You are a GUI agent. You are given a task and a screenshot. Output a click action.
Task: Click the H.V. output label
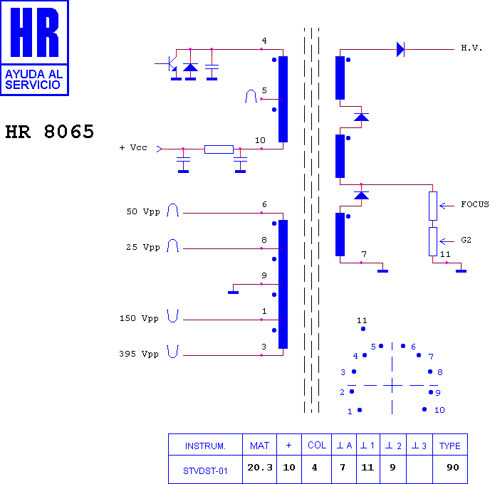click(x=471, y=48)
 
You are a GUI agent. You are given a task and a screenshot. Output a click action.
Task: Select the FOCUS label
click(x=475, y=204)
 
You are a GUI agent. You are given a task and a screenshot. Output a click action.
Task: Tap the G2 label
click(x=466, y=240)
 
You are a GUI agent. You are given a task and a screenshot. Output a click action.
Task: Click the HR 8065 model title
click(x=49, y=132)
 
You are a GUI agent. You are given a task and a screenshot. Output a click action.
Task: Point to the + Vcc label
click(x=133, y=147)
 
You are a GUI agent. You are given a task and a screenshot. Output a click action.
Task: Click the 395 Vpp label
click(x=139, y=354)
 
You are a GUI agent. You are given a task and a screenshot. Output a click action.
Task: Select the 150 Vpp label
click(x=139, y=318)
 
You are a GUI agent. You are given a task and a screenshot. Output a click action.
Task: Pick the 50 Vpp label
click(x=143, y=211)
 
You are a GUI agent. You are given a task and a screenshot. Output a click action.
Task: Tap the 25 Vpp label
click(x=143, y=247)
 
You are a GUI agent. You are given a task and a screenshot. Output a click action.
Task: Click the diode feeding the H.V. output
click(x=401, y=49)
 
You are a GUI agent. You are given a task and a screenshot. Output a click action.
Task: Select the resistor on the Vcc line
click(x=219, y=149)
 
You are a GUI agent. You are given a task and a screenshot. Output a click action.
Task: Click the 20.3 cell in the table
click(x=260, y=468)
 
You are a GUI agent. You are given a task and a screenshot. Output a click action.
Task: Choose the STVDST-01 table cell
click(x=205, y=471)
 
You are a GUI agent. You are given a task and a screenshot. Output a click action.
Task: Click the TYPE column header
click(x=450, y=446)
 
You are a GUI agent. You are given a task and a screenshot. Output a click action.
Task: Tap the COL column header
click(x=317, y=446)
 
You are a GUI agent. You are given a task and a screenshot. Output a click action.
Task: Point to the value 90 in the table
click(x=453, y=468)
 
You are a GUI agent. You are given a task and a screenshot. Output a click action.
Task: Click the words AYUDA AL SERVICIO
click(x=34, y=80)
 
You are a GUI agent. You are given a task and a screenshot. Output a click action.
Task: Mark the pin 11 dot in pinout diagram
click(x=363, y=329)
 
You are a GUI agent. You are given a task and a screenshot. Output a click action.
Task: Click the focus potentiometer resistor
click(x=433, y=206)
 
